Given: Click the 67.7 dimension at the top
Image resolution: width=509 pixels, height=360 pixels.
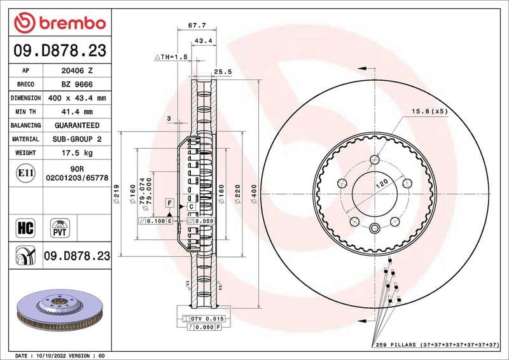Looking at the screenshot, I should tap(195, 26).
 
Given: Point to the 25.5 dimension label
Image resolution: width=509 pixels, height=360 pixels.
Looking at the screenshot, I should tap(222, 72).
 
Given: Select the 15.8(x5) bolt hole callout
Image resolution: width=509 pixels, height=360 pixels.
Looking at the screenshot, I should tap(429, 111).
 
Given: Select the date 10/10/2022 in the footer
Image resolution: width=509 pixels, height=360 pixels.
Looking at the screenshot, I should tap(58, 355).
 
